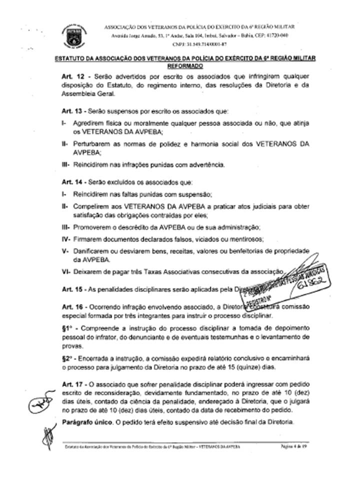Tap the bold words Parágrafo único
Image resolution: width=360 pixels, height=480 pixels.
pos(84,422)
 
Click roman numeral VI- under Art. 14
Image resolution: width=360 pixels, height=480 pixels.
pos(65,271)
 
